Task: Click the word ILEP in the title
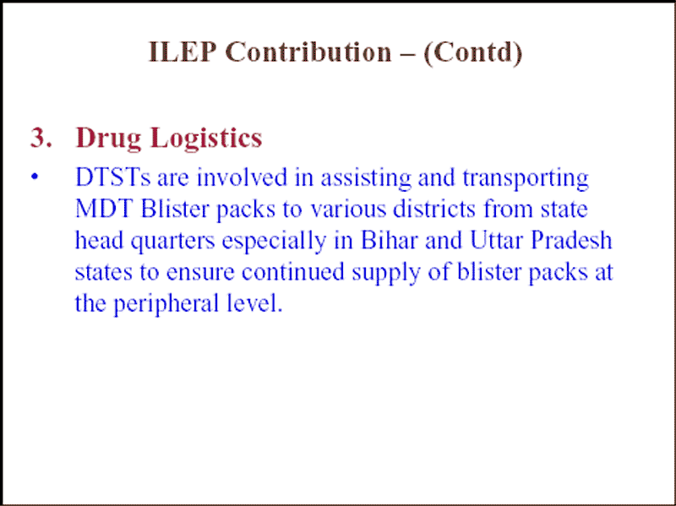[x=182, y=52]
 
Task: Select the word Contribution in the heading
[x=308, y=52]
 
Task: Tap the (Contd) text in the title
[x=473, y=52]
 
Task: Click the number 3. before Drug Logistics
[x=41, y=138]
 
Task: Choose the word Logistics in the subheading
[x=206, y=139]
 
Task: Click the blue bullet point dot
[x=35, y=177]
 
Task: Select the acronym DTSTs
[x=113, y=177]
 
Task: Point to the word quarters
[x=173, y=242]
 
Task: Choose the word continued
[x=292, y=272]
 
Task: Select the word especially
[x=274, y=242]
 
